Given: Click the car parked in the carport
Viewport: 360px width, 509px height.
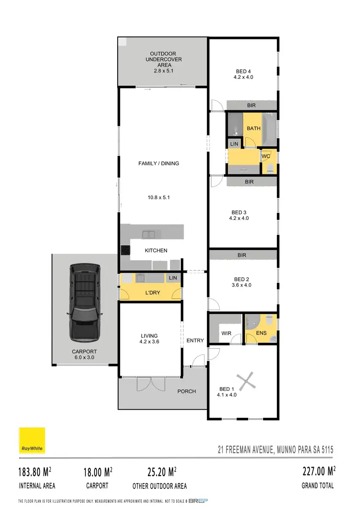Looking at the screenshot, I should pyautogui.click(x=84, y=302).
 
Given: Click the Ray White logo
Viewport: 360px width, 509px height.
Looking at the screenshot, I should pyautogui.click(x=32, y=440).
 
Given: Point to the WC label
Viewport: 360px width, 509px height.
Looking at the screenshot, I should pyautogui.click(x=265, y=156).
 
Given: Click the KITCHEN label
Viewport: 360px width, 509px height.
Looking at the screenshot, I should pyautogui.click(x=156, y=250).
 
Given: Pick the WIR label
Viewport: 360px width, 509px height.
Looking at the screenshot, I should pyautogui.click(x=227, y=332).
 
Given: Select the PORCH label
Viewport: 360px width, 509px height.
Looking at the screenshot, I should pyautogui.click(x=187, y=391).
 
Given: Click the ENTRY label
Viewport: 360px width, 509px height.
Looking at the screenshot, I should pyautogui.click(x=195, y=340).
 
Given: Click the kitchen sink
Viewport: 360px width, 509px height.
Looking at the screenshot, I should pyautogui.click(x=149, y=234).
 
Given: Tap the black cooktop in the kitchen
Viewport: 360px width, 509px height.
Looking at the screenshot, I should pyautogui.click(x=125, y=250).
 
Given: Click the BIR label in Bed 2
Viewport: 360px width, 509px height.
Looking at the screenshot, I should pyautogui.click(x=242, y=255).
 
